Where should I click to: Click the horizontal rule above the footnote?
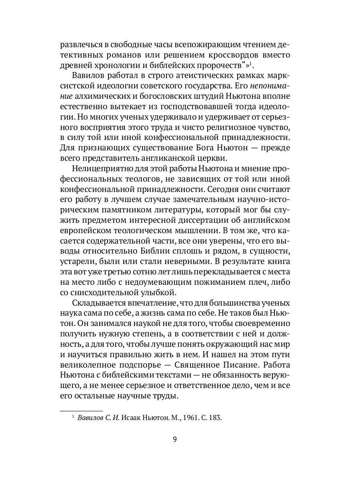pyautogui.click(x=81, y=410)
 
